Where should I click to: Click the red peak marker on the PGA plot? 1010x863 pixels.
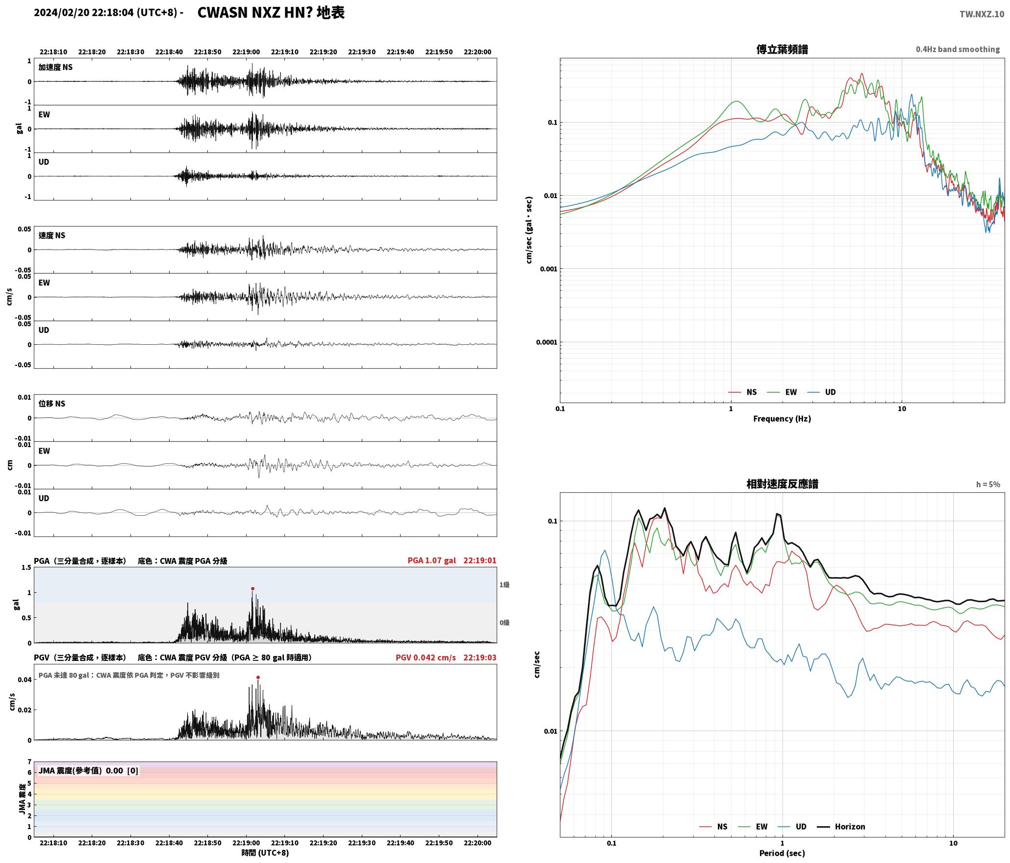(x=252, y=588)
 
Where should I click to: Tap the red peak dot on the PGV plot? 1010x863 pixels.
(x=258, y=678)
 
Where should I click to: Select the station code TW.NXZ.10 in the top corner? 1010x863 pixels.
(x=982, y=14)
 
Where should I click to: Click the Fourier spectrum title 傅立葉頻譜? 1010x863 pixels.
(x=782, y=50)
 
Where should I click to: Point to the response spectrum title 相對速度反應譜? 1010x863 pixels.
(x=782, y=484)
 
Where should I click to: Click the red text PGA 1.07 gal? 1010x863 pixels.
(x=431, y=560)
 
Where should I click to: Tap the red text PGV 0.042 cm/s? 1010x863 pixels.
(x=426, y=658)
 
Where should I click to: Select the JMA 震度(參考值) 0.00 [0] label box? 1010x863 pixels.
(x=88, y=771)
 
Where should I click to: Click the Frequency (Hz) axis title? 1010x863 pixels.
(x=782, y=419)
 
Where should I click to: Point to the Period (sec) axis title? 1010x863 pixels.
(x=782, y=853)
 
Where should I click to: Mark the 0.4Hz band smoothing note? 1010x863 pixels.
(x=958, y=50)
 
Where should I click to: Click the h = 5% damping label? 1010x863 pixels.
(x=988, y=484)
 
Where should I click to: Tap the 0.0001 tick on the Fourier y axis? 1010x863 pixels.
(x=547, y=342)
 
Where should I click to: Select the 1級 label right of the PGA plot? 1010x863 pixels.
(x=505, y=585)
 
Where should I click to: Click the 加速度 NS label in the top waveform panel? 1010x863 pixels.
(x=55, y=67)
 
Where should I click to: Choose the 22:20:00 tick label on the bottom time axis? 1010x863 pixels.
(x=478, y=843)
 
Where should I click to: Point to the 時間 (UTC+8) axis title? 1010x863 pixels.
(x=265, y=853)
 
